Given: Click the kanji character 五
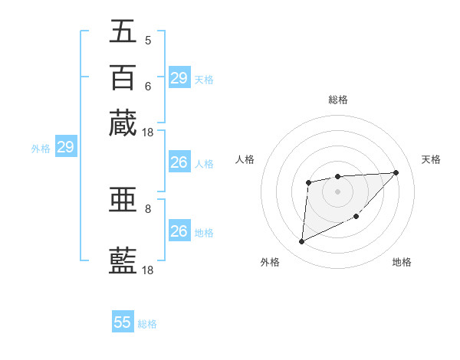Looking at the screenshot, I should [x=123, y=31].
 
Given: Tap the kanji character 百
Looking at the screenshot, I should [x=123, y=77].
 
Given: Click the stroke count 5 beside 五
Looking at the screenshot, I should [x=148, y=40].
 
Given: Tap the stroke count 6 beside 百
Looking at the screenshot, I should [x=148, y=86].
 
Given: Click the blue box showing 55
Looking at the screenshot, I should [x=123, y=322].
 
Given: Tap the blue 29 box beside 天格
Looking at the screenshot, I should [x=179, y=78].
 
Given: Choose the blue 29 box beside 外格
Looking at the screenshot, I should [x=65, y=147].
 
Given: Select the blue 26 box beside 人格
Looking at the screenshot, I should [x=179, y=162].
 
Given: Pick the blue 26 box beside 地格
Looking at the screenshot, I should [x=179, y=231].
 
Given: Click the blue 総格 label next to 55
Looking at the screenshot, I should [x=147, y=323].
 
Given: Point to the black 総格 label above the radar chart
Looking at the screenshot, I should [x=337, y=100].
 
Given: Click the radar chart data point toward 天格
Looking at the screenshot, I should [x=396, y=172].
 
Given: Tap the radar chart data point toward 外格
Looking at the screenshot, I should [x=301, y=242].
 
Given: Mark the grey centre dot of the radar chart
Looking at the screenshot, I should [x=337, y=191].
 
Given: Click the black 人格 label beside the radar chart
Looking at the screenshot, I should [x=245, y=159].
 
